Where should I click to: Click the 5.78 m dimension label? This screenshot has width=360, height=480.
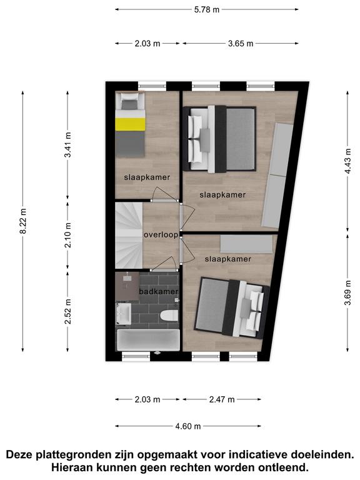point(207,9)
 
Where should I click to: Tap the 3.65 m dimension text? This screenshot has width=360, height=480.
point(241,44)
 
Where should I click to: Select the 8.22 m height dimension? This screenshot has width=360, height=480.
point(23,221)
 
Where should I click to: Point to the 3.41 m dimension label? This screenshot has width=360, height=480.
point(67,144)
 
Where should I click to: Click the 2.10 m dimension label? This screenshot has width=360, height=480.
point(67,235)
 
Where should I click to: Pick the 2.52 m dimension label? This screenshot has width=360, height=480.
point(67,311)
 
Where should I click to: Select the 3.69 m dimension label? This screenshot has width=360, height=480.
point(347,292)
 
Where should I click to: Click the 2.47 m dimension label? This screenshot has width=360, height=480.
point(222,399)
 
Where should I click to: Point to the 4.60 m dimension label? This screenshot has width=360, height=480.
point(188,426)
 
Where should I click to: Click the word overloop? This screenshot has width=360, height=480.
point(161,235)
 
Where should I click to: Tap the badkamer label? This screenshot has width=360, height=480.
point(159,291)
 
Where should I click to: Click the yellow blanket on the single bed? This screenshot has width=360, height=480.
point(130,124)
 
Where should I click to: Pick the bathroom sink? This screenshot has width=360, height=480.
point(123,313)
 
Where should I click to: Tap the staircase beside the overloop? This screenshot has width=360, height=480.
point(129,235)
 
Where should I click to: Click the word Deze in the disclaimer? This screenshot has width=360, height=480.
point(19,454)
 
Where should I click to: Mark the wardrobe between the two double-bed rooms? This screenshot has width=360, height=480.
point(246,244)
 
